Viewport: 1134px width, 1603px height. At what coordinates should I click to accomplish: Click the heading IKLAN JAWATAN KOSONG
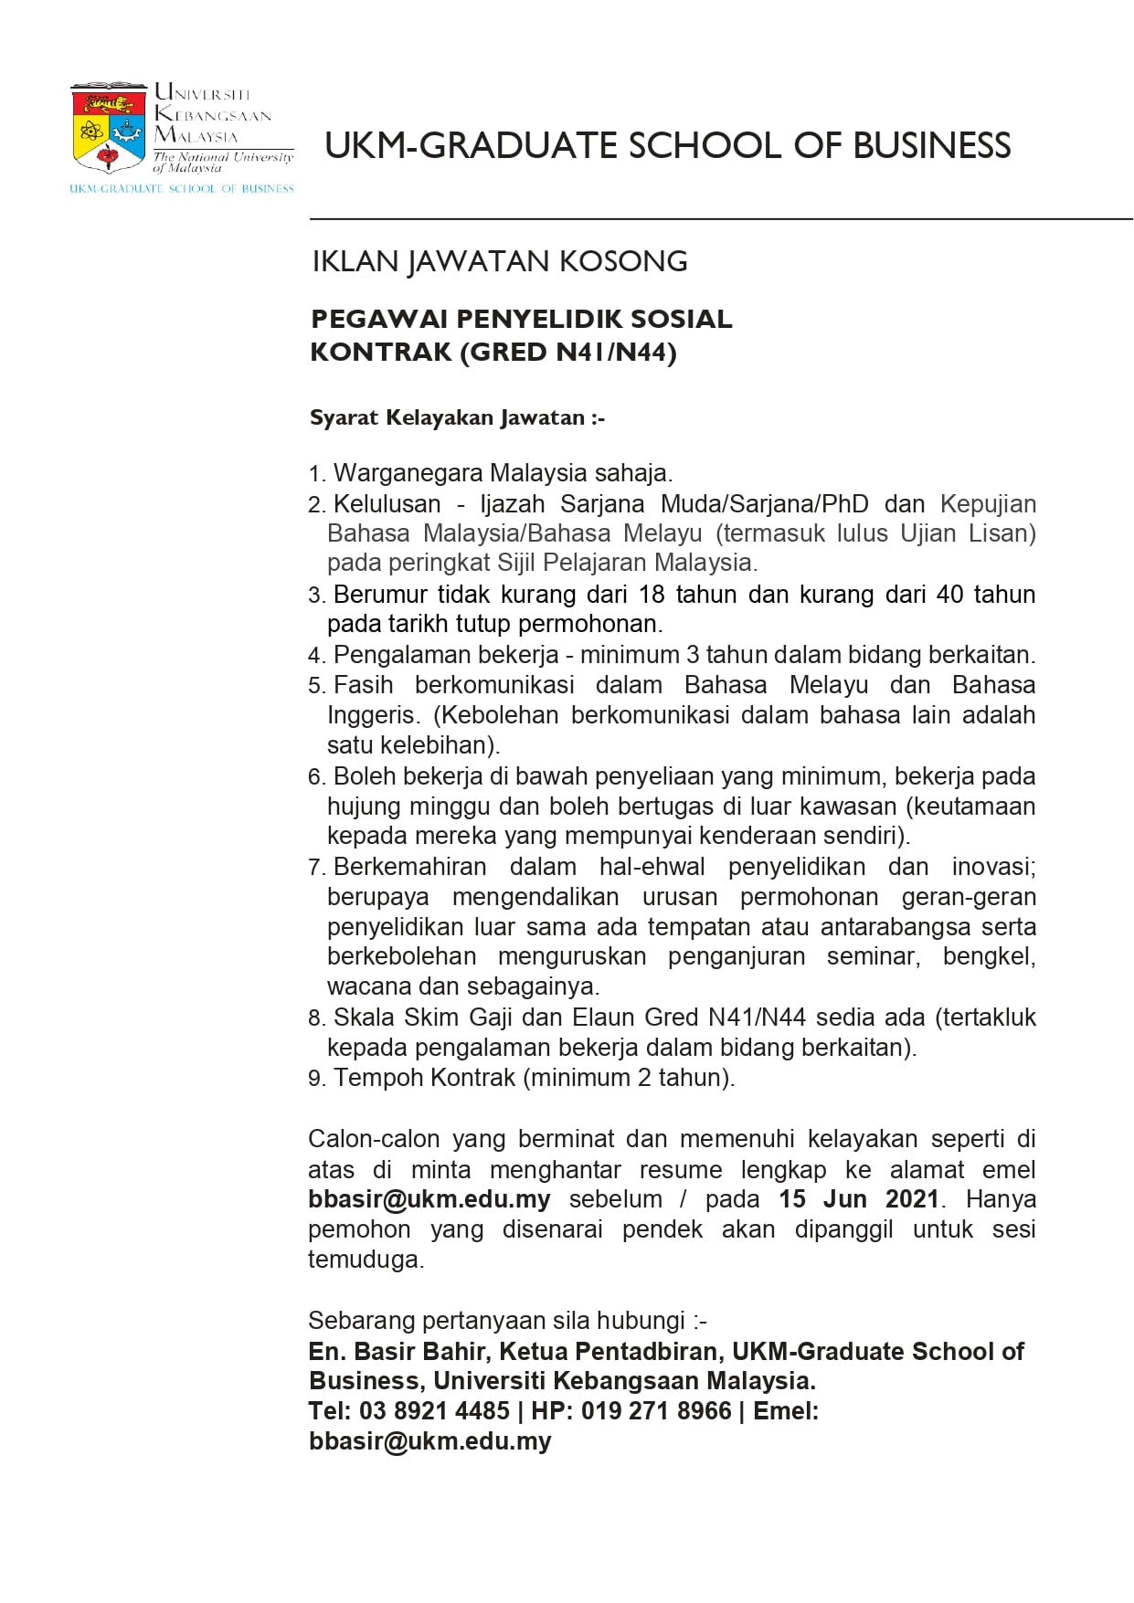point(499,262)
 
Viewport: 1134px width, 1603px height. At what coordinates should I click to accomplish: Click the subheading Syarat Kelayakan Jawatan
point(457,418)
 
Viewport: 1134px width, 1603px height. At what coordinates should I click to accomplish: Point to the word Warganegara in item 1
point(408,473)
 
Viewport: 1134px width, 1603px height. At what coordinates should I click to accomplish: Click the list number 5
point(315,686)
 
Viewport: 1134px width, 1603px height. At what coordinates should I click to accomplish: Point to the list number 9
point(315,1079)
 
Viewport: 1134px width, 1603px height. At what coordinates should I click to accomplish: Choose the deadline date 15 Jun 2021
point(858,1199)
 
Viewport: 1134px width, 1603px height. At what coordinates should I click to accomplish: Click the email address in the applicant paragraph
point(429,1199)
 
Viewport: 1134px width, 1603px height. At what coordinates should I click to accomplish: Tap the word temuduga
point(366,1260)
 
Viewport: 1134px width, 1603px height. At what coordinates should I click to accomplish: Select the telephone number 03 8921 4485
point(434,1411)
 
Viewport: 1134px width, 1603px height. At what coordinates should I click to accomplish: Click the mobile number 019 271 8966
point(656,1411)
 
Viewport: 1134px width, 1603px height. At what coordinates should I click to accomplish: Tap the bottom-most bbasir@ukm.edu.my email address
point(429,1441)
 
